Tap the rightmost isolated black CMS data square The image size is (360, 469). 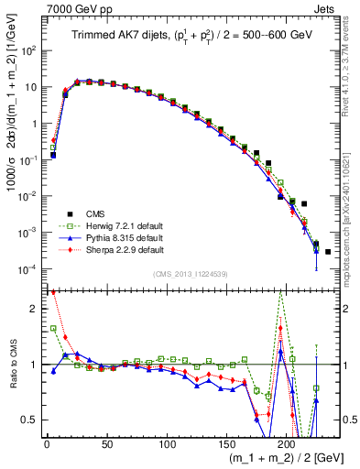coord(328,251)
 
